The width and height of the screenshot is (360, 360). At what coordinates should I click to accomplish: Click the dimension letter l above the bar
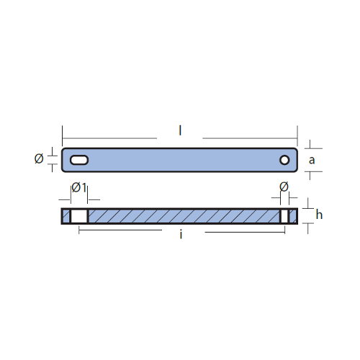[x=180, y=131]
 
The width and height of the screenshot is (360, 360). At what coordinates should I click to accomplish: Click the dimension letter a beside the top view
[x=312, y=161]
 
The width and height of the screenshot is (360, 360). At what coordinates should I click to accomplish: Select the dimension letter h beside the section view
[x=319, y=214]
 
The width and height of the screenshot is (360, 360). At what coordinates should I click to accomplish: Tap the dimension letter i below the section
[x=181, y=235]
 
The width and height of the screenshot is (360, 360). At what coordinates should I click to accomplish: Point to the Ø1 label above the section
[x=79, y=187]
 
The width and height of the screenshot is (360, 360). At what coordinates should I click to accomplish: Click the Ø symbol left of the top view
[x=39, y=158]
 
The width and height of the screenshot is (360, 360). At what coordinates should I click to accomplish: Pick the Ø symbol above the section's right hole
[x=284, y=186]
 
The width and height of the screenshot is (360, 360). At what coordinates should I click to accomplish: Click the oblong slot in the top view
[x=79, y=160]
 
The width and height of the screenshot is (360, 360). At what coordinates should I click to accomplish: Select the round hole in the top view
[x=284, y=160]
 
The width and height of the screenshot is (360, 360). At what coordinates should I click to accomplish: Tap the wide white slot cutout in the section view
[x=79, y=216]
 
